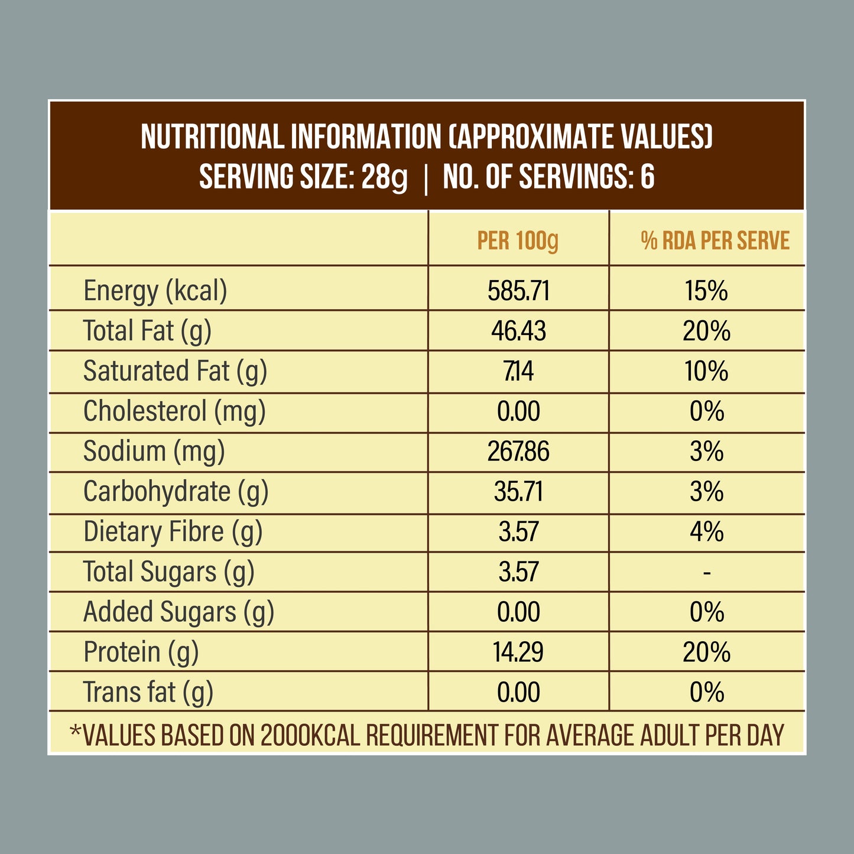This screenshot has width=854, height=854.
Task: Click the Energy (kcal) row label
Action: point(155,291)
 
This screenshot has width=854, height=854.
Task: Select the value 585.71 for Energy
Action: point(518,291)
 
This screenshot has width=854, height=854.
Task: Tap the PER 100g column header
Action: point(518,241)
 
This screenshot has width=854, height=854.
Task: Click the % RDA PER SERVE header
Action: point(715,241)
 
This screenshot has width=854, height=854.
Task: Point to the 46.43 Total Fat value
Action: point(518,331)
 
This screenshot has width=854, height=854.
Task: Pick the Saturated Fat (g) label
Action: point(175,371)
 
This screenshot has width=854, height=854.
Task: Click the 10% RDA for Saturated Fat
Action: point(706,371)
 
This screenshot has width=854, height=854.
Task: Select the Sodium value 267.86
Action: point(518,452)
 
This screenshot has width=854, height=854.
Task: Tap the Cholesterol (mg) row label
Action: point(174,411)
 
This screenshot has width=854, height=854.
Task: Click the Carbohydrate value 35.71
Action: point(518,492)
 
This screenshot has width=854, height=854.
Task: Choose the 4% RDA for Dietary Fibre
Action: point(706,532)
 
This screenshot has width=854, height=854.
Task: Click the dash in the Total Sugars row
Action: point(707,572)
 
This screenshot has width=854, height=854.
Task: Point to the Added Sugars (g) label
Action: point(178,612)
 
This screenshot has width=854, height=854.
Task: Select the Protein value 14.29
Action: point(518,652)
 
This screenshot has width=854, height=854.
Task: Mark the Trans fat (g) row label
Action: point(148,693)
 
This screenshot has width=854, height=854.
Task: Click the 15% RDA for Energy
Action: point(706,291)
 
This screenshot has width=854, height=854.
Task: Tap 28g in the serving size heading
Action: point(384,177)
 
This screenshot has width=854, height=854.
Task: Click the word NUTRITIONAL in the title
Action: point(212,137)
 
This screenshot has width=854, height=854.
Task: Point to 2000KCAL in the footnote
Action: point(310,735)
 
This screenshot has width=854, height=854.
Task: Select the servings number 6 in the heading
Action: point(647,177)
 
